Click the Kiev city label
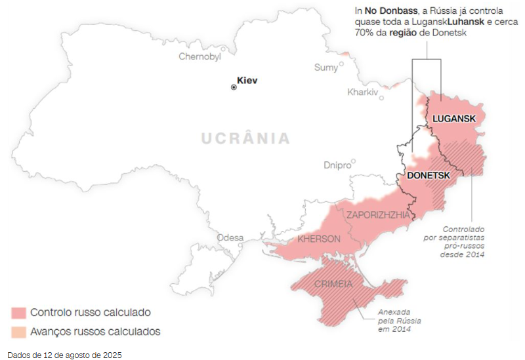[x=247, y=81]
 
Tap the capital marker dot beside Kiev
[x=234, y=87]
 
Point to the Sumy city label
[x=325, y=68]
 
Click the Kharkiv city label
[x=362, y=92]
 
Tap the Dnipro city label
[x=337, y=165]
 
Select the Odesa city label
[x=230, y=237]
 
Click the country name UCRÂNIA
[x=245, y=138]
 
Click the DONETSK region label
[x=428, y=176]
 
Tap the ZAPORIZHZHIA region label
[x=378, y=214]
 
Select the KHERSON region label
[x=319, y=239]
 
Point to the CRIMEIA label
[x=329, y=284]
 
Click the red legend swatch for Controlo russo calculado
[x=18, y=312]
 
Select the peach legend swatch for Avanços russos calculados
[x=18, y=332]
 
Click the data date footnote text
[x=64, y=355]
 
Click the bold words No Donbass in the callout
[x=392, y=10]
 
